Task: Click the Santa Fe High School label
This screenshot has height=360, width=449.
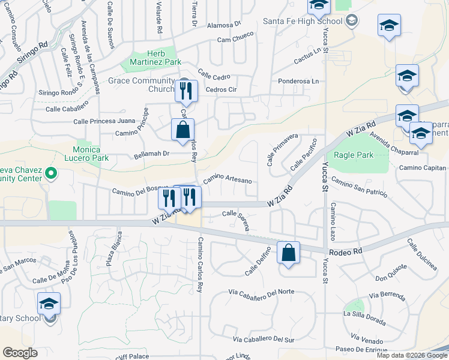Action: [x=303, y=21]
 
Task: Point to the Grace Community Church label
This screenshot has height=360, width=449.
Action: [x=140, y=85]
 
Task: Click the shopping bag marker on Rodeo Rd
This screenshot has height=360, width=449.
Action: [x=289, y=253]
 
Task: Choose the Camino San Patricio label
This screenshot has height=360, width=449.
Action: [x=358, y=188]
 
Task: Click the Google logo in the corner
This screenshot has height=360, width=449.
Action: [x=20, y=352]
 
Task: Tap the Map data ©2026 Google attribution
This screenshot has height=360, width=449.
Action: [x=411, y=355]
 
